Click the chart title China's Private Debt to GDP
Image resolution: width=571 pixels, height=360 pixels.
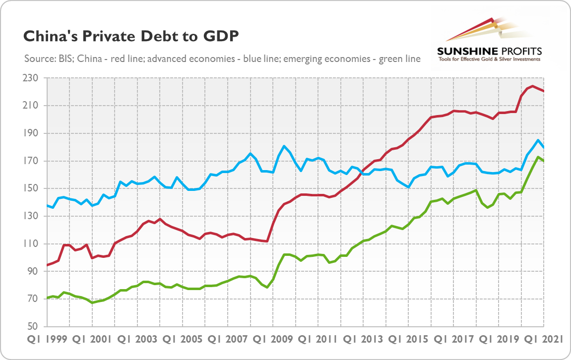click(131, 36)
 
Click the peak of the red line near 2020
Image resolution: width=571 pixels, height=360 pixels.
click(532, 86)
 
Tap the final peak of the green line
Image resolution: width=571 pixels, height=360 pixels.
click(538, 157)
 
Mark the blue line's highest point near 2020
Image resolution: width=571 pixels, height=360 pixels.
click(538, 140)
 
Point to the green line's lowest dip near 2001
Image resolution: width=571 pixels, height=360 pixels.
click(92, 302)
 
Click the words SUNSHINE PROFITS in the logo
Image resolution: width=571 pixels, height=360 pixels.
click(489, 51)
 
